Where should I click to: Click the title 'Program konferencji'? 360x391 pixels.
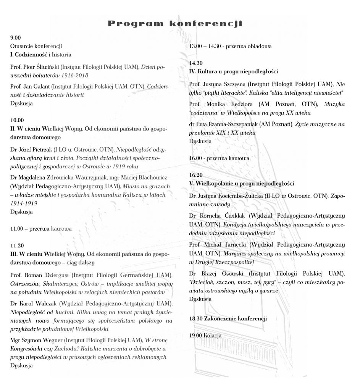pos(175,24)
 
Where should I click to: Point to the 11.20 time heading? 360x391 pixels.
pos(17,245)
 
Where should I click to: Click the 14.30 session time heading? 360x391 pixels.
pos(196,63)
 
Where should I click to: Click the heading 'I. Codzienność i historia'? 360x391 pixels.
pos(41,55)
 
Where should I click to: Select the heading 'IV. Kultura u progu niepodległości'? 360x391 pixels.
pos(233,71)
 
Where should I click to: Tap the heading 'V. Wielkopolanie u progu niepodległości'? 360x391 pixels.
pos(241,183)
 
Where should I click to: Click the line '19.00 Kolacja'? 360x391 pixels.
pos(205,336)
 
